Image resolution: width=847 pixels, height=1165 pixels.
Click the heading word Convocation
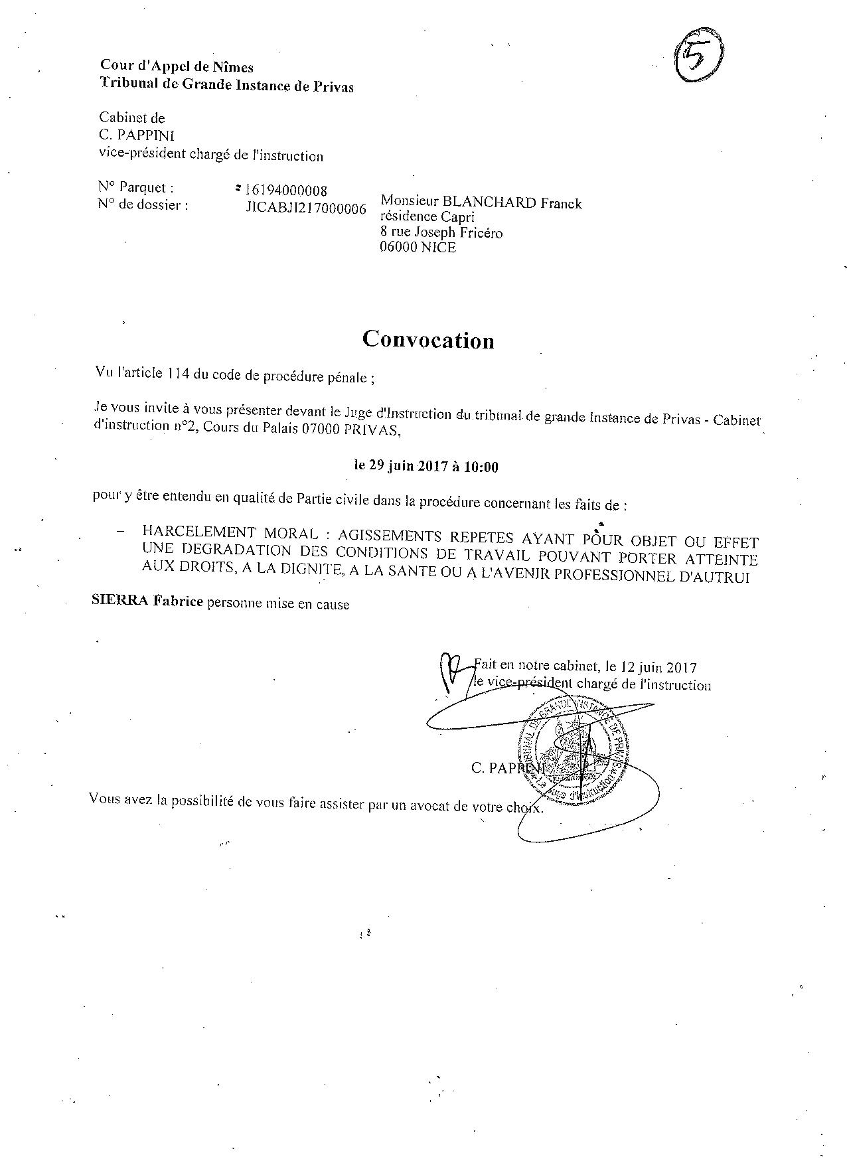coord(428,340)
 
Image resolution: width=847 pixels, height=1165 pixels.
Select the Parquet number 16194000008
coord(286,192)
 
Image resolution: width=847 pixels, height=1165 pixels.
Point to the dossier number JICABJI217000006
coord(305,208)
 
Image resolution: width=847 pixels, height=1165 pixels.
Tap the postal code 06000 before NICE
coord(398,248)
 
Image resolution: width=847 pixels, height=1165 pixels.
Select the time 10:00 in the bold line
coord(481,467)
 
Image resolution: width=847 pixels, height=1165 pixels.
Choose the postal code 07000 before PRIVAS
coord(322,429)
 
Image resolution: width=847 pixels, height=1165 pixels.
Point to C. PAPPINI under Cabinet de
coord(137,136)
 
